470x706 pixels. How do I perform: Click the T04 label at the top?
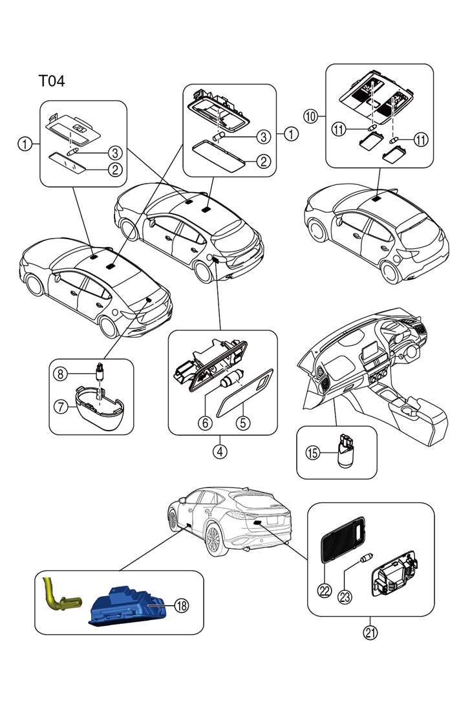pyautogui.click(x=52, y=81)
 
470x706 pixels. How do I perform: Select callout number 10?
pyautogui.click(x=311, y=116)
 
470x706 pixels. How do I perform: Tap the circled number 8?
pyautogui.click(x=59, y=373)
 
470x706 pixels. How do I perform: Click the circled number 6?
pyautogui.click(x=204, y=423)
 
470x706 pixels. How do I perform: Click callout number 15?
pyautogui.click(x=313, y=453)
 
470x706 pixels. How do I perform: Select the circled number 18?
pyautogui.click(x=181, y=606)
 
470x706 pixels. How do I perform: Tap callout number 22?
pyautogui.click(x=323, y=590)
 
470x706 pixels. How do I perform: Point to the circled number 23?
pyautogui.click(x=345, y=597)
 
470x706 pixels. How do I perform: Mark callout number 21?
pyautogui.click(x=370, y=633)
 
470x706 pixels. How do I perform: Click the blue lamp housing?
pyautogui.click(x=124, y=606)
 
